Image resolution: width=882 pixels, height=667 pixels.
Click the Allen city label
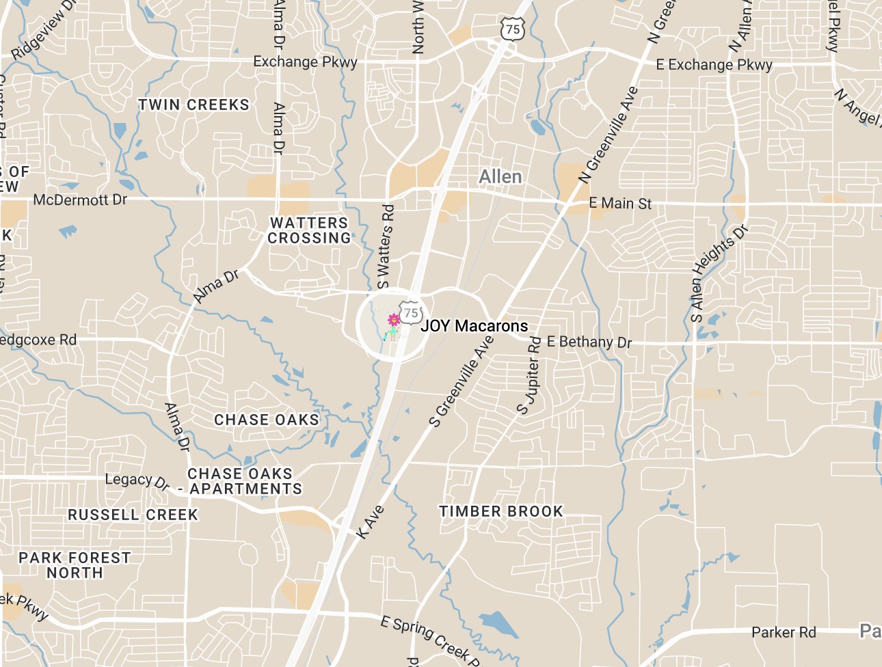coord(500,177)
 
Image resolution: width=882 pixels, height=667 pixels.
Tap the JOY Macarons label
coord(474,326)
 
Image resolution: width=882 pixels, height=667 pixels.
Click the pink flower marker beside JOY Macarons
coord(394,320)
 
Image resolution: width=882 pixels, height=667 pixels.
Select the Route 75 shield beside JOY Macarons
coord(411,312)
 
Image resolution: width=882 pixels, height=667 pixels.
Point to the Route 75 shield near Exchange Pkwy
coord(513,29)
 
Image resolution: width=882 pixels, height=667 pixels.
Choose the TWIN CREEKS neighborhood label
coord(194,105)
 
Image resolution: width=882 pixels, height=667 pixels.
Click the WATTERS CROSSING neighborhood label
coord(309,230)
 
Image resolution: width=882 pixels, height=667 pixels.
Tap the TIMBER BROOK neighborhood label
coord(501,511)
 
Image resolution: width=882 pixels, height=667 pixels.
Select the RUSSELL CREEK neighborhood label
coord(133,515)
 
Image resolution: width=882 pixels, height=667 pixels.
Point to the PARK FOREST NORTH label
coord(75,565)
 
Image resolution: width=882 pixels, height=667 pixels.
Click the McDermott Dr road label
coord(80,200)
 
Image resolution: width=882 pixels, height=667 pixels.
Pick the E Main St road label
coord(620,203)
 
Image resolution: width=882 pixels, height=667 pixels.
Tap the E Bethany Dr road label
coord(589,342)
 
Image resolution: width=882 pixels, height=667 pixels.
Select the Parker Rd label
coord(784,632)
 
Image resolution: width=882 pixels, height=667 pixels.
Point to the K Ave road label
coord(371,522)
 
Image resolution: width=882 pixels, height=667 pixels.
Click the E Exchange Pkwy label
coord(714,65)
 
